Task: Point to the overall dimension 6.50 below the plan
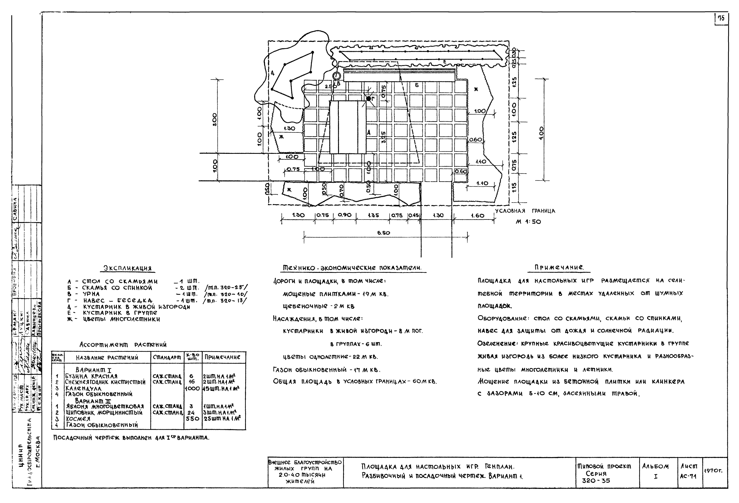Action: [384, 233]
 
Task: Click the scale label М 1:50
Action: [528, 222]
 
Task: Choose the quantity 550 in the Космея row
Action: [192, 419]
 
